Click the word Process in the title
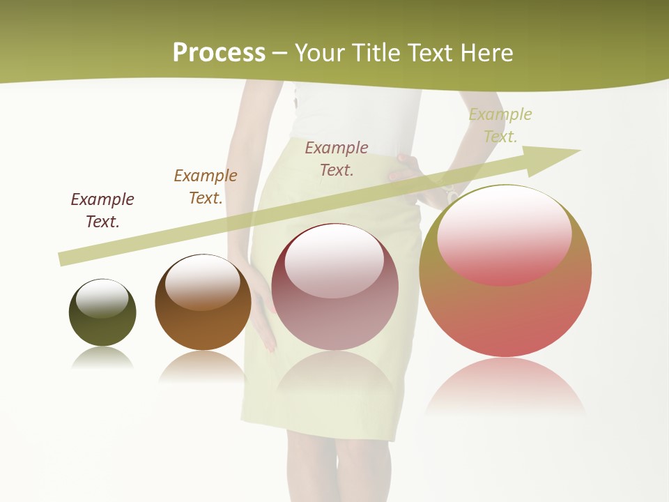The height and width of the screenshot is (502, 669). [219, 53]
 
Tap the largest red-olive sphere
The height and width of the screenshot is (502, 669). [505, 314]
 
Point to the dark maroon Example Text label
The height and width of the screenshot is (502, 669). [102, 210]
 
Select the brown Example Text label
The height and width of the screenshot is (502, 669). [206, 186]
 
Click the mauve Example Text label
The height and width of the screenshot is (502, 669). [337, 158]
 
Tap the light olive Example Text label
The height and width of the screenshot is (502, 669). [500, 125]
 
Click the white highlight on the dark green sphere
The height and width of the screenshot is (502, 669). [102, 298]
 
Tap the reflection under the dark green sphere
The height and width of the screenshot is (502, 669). [102, 358]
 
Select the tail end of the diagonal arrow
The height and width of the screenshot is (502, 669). [64, 259]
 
